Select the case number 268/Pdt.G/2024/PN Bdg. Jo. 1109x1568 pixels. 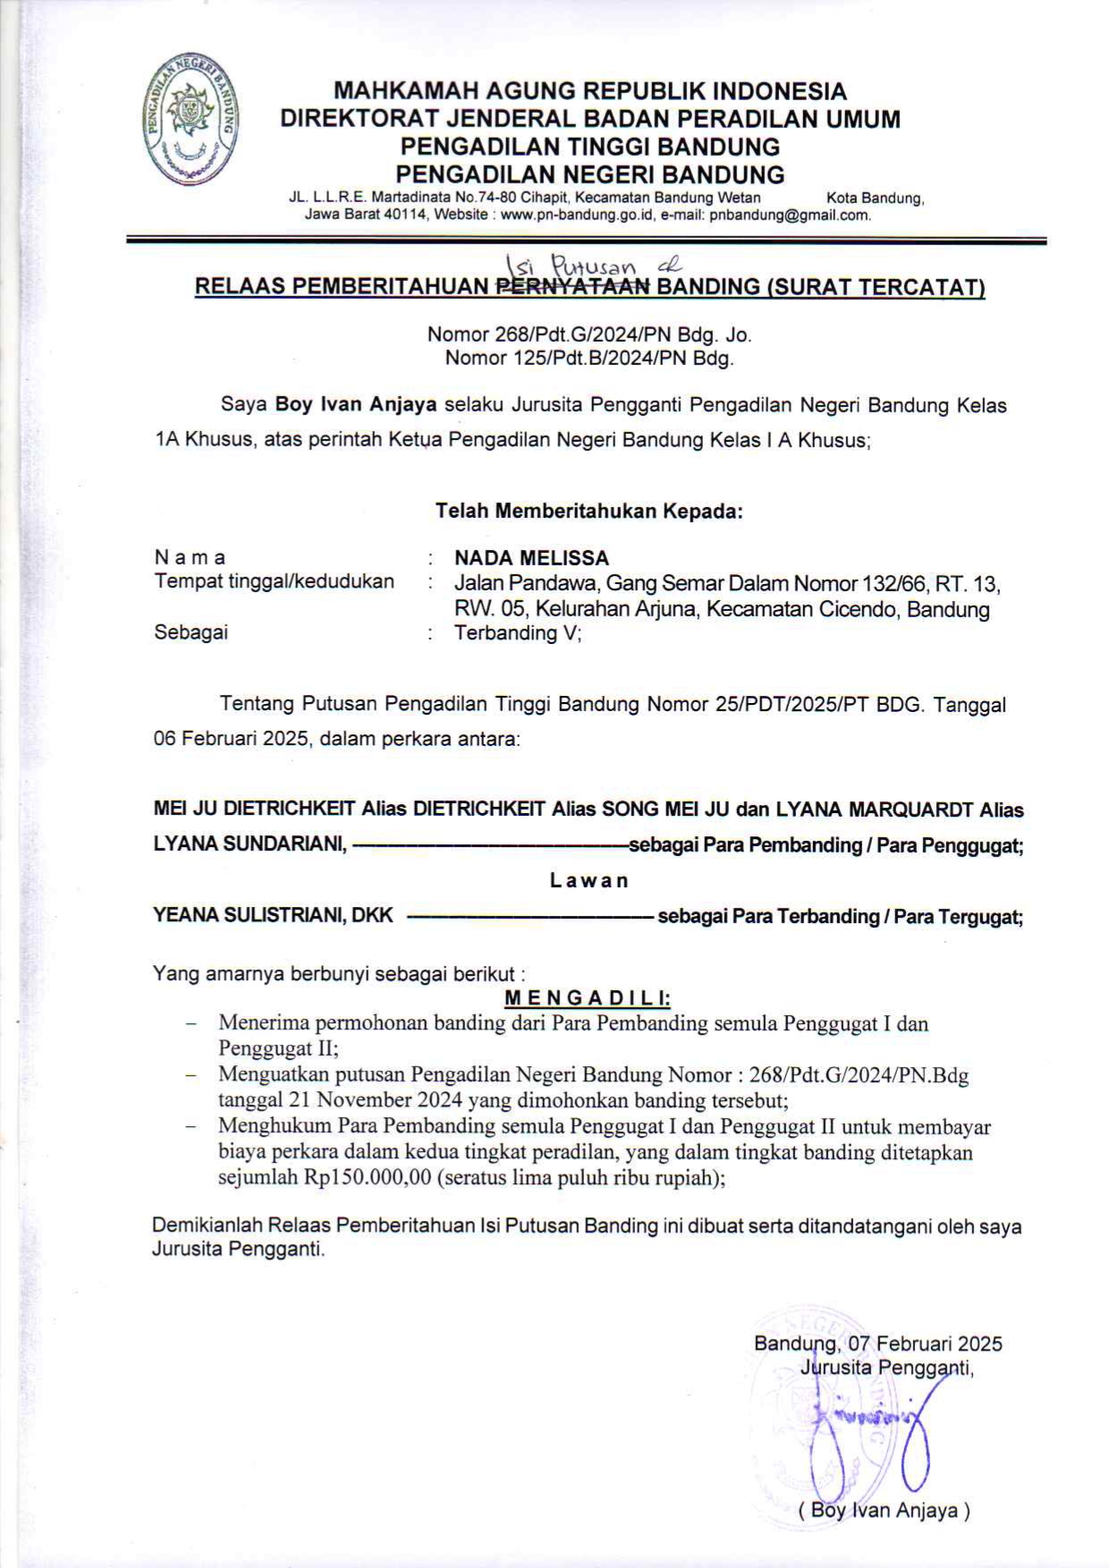point(589,335)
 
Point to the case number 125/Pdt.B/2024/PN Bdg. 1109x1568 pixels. point(589,360)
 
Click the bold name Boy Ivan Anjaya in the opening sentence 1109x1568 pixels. point(355,404)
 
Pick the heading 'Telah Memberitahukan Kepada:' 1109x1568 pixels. point(589,512)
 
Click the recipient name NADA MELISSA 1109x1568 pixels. point(531,558)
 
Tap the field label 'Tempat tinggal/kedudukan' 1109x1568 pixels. point(274,581)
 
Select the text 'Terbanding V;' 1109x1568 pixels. point(518,633)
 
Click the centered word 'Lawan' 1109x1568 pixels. point(589,880)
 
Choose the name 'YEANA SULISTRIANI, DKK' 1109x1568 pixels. point(274,916)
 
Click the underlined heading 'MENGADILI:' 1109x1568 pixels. point(588,997)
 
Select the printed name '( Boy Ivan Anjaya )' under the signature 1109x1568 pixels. point(884,1511)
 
